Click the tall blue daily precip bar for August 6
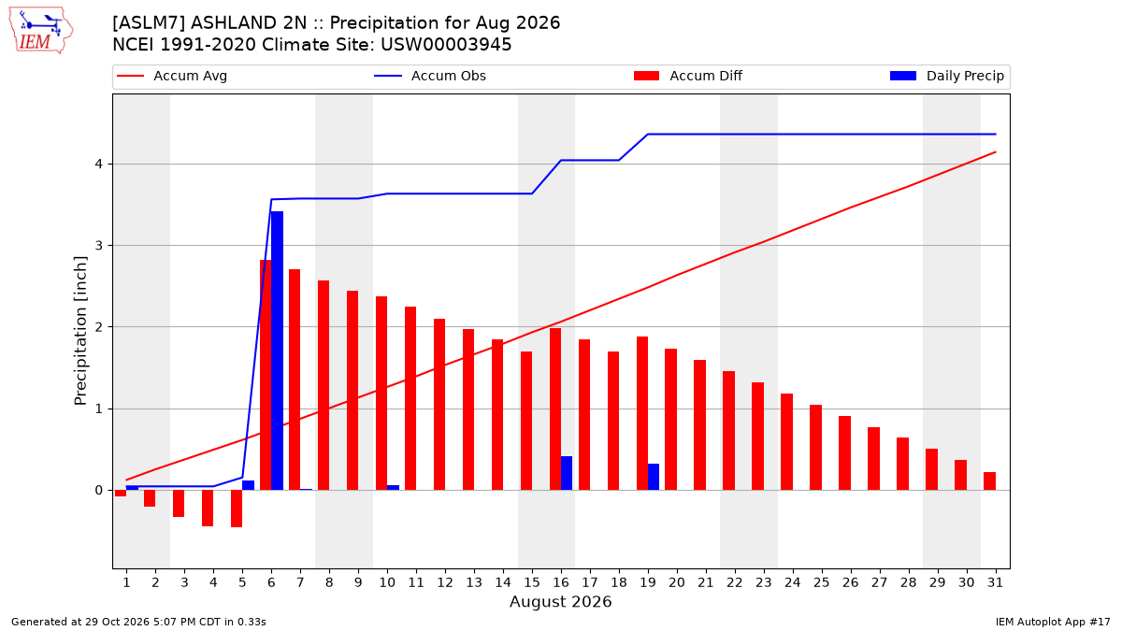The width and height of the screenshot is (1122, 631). [277, 351]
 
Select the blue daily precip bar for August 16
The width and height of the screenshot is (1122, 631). [567, 473]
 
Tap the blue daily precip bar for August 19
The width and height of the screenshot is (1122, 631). [654, 477]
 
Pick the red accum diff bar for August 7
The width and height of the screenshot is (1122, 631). [295, 380]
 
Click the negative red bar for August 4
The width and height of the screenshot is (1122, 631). [208, 508]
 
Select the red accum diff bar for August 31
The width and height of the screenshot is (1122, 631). [989, 480]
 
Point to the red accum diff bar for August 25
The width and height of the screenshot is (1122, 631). [815, 447]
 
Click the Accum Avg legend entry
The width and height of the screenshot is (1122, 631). [172, 76]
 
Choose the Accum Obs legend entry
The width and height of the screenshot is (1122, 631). [430, 76]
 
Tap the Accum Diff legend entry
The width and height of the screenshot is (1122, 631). [688, 76]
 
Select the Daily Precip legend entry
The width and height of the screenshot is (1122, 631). [947, 76]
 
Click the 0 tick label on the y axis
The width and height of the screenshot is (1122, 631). [98, 490]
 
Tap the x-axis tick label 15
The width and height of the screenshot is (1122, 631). [532, 582]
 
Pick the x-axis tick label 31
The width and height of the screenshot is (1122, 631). [995, 582]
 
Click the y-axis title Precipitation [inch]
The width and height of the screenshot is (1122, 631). [80, 331]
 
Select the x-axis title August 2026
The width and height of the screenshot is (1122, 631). [560, 601]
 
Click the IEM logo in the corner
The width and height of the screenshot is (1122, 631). [40, 31]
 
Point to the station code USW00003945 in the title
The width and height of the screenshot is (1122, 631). [446, 45]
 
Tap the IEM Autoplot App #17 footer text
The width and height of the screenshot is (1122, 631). [1053, 622]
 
